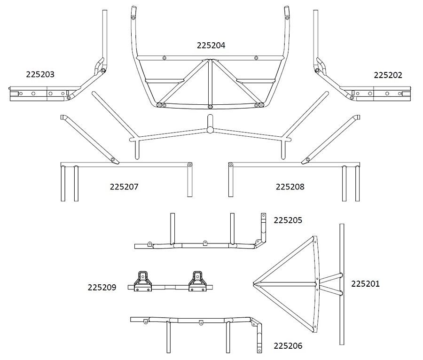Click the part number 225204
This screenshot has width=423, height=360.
[211, 45]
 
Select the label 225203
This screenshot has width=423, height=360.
[40, 74]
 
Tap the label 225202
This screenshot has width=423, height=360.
[388, 75]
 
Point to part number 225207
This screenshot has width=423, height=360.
[124, 187]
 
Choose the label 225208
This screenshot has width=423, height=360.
[290, 187]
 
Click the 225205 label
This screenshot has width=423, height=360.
[288, 220]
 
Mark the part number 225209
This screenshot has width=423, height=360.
[102, 288]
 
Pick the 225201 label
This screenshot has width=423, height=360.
[365, 284]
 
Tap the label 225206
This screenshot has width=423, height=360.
[288, 346]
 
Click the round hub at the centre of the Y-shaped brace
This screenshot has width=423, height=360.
[210, 130]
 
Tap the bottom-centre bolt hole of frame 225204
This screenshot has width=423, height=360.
[210, 107]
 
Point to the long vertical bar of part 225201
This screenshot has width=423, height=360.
[342, 284]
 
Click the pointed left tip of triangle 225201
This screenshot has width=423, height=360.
[254, 284]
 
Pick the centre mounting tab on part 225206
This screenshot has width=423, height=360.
[201, 322]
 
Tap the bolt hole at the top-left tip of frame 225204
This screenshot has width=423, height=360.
[133, 18]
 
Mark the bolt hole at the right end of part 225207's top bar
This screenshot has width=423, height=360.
[190, 164]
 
